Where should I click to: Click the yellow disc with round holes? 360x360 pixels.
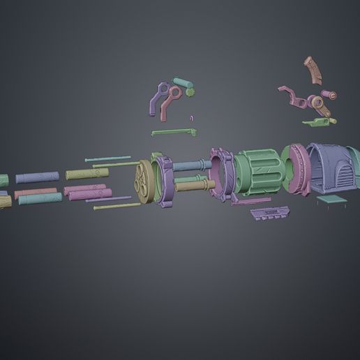pyautogui.click(x=145, y=182)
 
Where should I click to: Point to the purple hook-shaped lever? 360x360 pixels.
pyautogui.click(x=157, y=98)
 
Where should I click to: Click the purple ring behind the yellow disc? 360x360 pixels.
pyautogui.click(x=167, y=181)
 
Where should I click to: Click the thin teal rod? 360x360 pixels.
pyautogui.click(x=108, y=160)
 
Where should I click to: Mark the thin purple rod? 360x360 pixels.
pyautogui.click(x=108, y=200)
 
